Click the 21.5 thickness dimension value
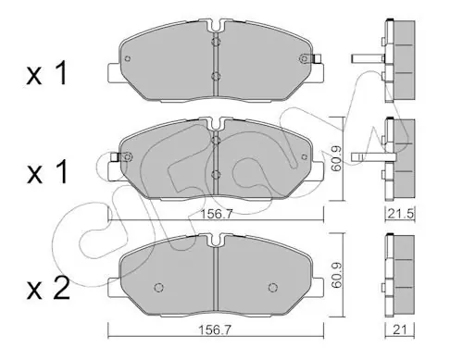(400, 214)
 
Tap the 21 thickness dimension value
(400, 330)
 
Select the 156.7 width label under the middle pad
(217, 214)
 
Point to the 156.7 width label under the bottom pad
(214, 330)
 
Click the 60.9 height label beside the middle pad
(336, 158)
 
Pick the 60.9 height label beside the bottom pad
(336, 275)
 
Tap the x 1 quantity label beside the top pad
(47, 73)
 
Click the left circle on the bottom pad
(158, 288)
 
